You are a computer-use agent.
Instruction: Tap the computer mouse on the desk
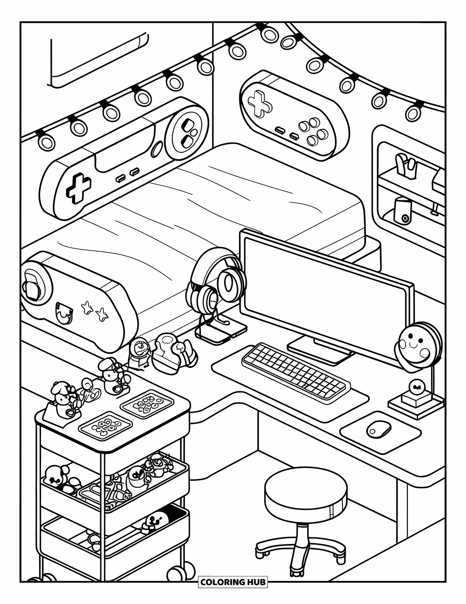pyautogui.click(x=379, y=428)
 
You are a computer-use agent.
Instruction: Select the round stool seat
pyautogui.click(x=306, y=491)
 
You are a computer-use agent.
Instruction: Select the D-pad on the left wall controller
pyautogui.click(x=78, y=189)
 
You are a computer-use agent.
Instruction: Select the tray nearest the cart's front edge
pyautogui.click(x=105, y=427)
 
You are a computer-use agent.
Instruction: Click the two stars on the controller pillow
pyautogui.click(x=94, y=309)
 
